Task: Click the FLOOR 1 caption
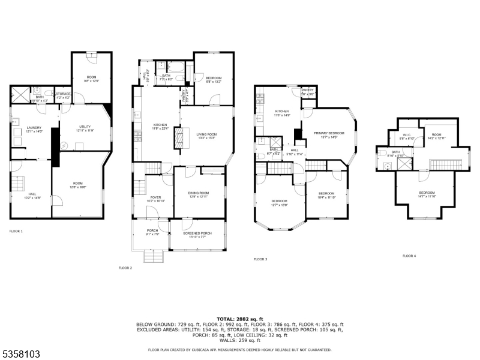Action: [16, 231]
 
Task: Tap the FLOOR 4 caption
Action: [409, 256]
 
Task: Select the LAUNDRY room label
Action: [34, 128]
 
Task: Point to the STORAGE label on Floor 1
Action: [63, 94]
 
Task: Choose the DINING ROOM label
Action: [200, 193]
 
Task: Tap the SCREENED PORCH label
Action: [197, 235]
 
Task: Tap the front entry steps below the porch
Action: [151, 257]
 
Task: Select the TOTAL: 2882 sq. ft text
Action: [240, 319]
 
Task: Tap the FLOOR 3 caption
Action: [260, 259]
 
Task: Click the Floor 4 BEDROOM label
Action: [427, 194]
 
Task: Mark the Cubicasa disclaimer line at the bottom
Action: [240, 349]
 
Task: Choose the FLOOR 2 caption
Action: [125, 268]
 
